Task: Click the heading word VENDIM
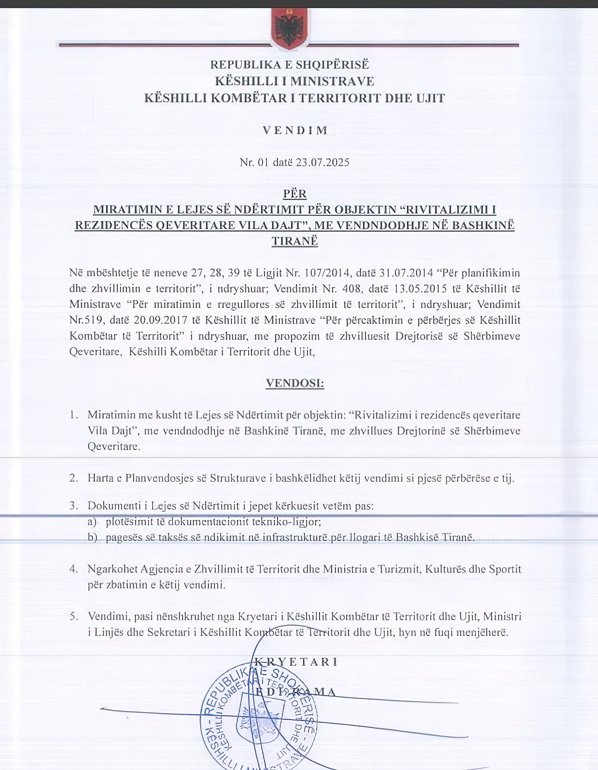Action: [x=295, y=130]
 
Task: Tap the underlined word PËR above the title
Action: [x=294, y=193]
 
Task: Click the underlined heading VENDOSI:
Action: [x=295, y=383]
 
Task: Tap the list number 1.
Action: [x=73, y=415]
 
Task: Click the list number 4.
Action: [x=73, y=569]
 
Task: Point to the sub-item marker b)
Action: [x=93, y=537]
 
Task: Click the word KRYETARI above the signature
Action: [x=295, y=662]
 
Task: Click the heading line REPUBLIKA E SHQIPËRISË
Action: [x=290, y=64]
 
